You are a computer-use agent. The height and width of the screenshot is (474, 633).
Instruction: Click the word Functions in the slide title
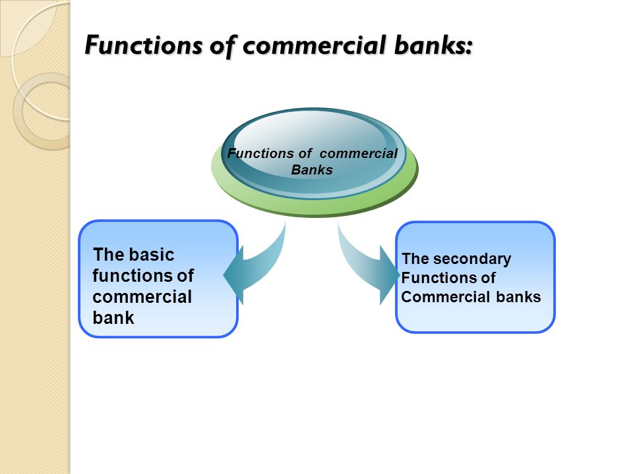[143, 45]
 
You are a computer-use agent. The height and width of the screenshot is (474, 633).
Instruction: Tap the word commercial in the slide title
[314, 45]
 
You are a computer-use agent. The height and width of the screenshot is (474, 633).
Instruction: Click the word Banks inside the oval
[312, 170]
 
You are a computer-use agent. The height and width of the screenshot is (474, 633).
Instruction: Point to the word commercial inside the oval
[359, 153]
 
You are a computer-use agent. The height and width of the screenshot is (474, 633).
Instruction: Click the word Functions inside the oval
[260, 153]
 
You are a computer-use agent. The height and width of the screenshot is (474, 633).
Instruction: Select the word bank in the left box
[113, 317]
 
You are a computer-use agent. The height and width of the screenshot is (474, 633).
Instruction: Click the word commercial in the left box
[142, 297]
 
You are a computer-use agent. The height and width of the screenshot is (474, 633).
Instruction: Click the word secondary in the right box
[472, 259]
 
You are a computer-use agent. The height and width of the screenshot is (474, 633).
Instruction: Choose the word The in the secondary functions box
[415, 258]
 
